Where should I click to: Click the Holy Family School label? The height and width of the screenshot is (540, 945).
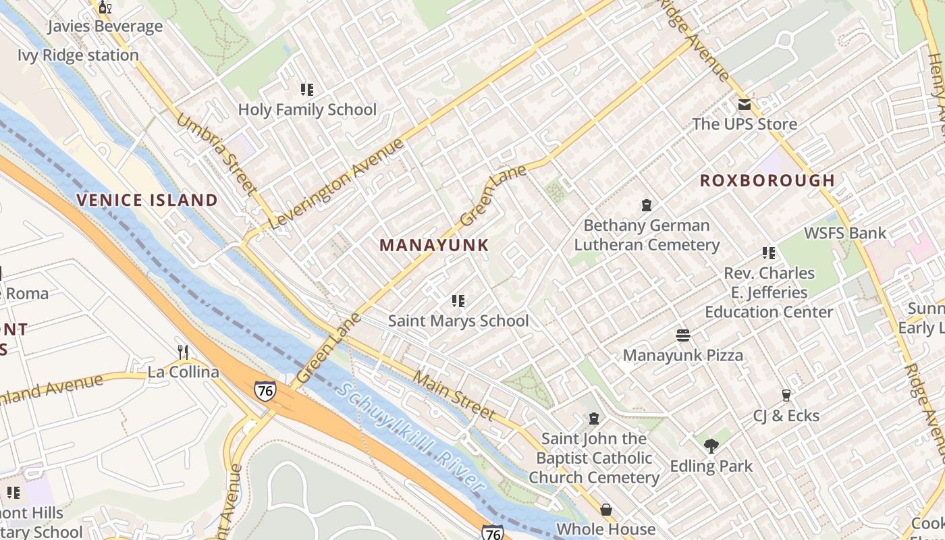pyautogui.click(x=307, y=109)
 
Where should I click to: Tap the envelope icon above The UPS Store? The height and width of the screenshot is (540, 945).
pyautogui.click(x=744, y=105)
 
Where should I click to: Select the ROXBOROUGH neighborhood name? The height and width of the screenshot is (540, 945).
pyautogui.click(x=767, y=180)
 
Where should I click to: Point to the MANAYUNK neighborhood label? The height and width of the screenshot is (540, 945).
pyautogui.click(x=433, y=245)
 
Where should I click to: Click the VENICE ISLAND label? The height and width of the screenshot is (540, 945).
pyautogui.click(x=147, y=200)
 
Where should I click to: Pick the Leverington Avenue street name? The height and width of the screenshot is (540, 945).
pyautogui.click(x=341, y=184)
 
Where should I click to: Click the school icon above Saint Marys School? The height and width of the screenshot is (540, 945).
pyautogui.click(x=458, y=300)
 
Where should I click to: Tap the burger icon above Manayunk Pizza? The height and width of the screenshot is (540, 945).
pyautogui.click(x=682, y=335)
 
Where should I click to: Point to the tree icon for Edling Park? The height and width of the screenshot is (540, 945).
pyautogui.click(x=711, y=446)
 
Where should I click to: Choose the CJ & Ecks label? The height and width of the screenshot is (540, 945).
pyautogui.click(x=786, y=416)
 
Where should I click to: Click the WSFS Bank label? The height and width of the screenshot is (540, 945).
pyautogui.click(x=844, y=233)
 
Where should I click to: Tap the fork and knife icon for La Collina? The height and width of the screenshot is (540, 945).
pyautogui.click(x=183, y=352)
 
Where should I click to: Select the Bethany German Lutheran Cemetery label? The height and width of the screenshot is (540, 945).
pyautogui.click(x=647, y=235)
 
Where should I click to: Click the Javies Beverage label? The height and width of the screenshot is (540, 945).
pyautogui.click(x=105, y=26)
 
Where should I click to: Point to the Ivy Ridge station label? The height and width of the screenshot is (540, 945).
pyautogui.click(x=78, y=55)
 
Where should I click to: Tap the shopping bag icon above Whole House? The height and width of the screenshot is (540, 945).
pyautogui.click(x=606, y=510)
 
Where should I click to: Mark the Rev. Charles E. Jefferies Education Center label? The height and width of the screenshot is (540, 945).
pyautogui.click(x=769, y=292)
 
